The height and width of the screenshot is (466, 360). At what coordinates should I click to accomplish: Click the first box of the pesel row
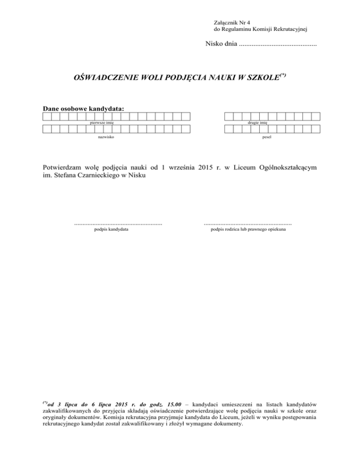pyautogui.click(x=229, y=130)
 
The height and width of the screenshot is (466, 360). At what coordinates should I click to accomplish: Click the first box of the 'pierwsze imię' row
pyautogui.click(x=47, y=116)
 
